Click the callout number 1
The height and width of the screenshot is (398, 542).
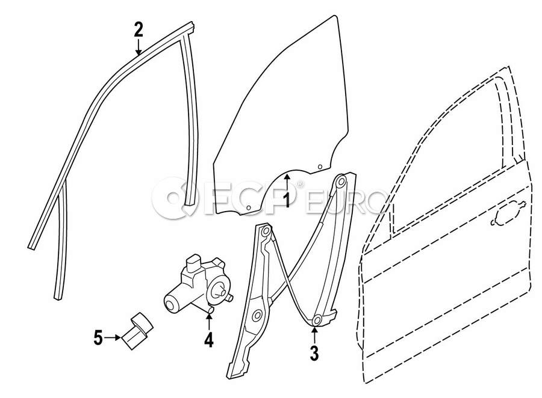point(287,200)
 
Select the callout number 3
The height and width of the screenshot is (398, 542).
point(313,353)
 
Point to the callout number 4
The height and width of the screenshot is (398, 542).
point(208,340)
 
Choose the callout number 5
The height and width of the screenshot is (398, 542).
point(98,338)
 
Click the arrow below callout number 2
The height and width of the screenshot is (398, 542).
point(139,47)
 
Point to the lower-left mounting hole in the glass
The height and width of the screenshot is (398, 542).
point(248,207)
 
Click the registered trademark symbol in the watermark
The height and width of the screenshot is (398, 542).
point(301,185)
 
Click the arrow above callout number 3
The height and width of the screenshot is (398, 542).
point(314,334)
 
